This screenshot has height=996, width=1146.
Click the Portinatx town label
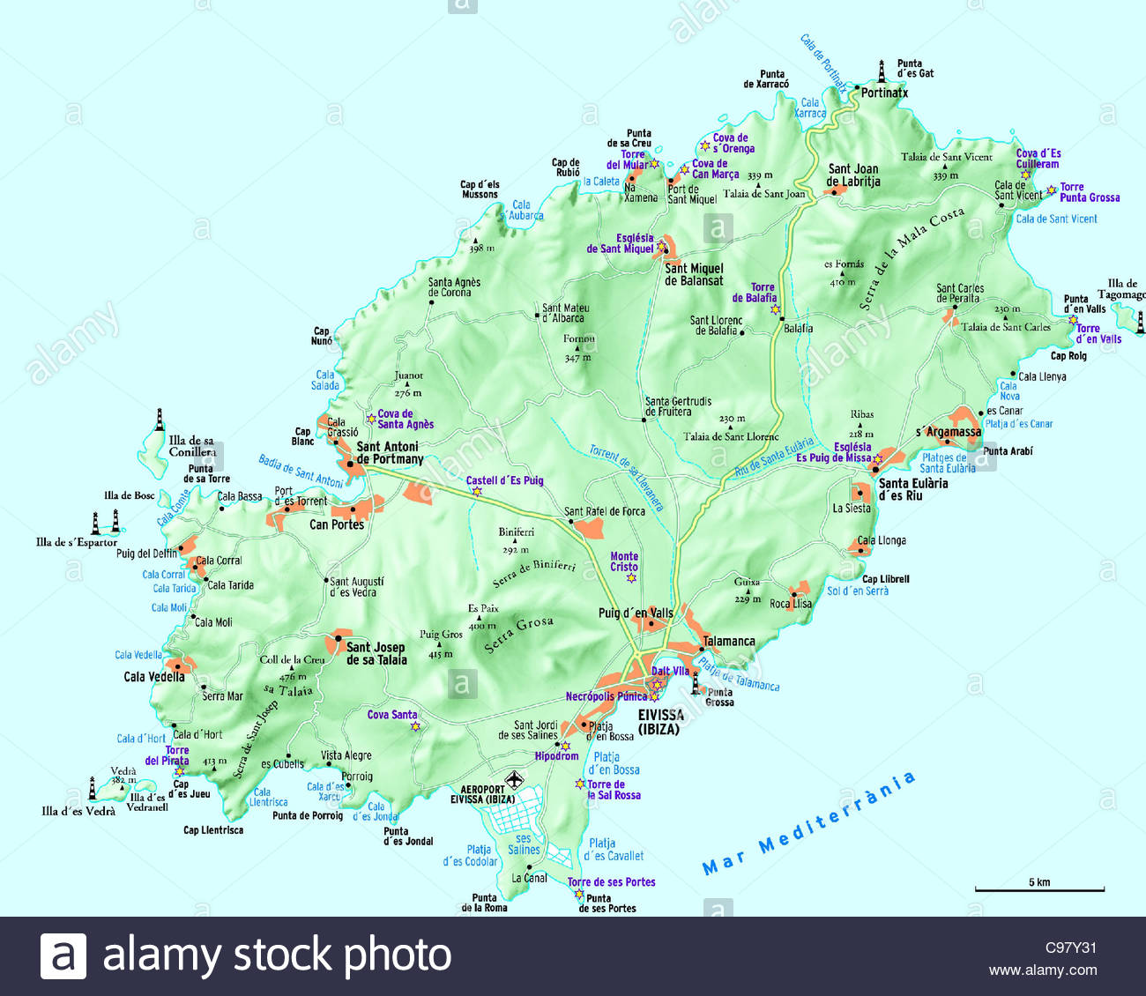click(x=884, y=93)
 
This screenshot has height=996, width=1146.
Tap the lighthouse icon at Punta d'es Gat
click(x=881, y=71)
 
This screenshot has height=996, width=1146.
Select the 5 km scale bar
click(x=1039, y=888)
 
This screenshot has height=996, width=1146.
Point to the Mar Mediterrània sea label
click(x=808, y=823)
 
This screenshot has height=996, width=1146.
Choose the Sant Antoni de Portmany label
click(x=390, y=453)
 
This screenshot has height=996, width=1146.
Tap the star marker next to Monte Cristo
click(x=631, y=578)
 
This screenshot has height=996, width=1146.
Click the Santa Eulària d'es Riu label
click(x=913, y=489)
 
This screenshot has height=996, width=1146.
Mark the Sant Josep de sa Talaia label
click(x=376, y=653)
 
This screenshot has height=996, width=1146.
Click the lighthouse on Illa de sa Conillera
click(x=160, y=420)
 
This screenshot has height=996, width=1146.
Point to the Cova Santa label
click(x=392, y=715)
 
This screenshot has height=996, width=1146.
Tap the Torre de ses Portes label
click(x=611, y=881)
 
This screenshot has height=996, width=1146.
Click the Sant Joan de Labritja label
click(x=853, y=175)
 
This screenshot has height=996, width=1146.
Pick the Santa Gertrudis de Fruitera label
click(x=678, y=406)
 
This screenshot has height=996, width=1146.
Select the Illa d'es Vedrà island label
click(x=78, y=811)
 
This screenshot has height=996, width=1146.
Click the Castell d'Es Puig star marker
click(x=477, y=492)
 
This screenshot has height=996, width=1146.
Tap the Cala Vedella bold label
click(x=154, y=677)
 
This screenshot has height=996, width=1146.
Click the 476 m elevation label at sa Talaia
click(x=293, y=677)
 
